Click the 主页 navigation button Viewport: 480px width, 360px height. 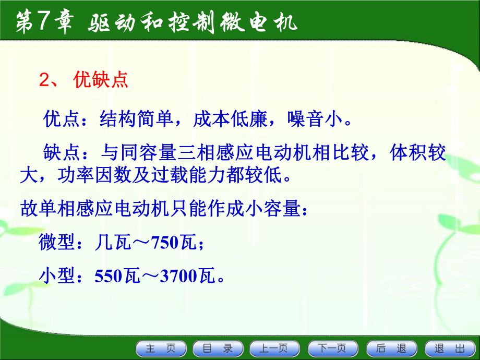coord(161,349)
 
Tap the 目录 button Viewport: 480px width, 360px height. coord(218,349)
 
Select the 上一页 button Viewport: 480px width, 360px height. coord(275,349)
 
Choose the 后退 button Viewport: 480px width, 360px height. coord(391,349)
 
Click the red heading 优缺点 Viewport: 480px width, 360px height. coord(101,81)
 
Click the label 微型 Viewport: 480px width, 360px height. coord(54,242)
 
